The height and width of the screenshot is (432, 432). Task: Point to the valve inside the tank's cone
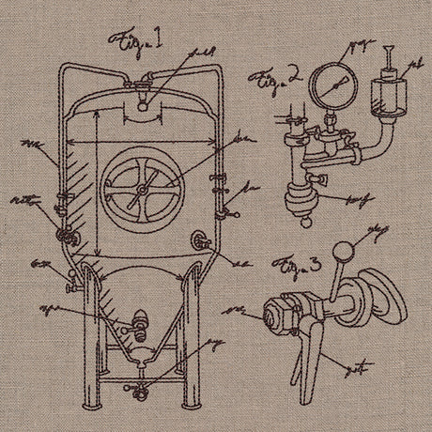coord(140,324)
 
